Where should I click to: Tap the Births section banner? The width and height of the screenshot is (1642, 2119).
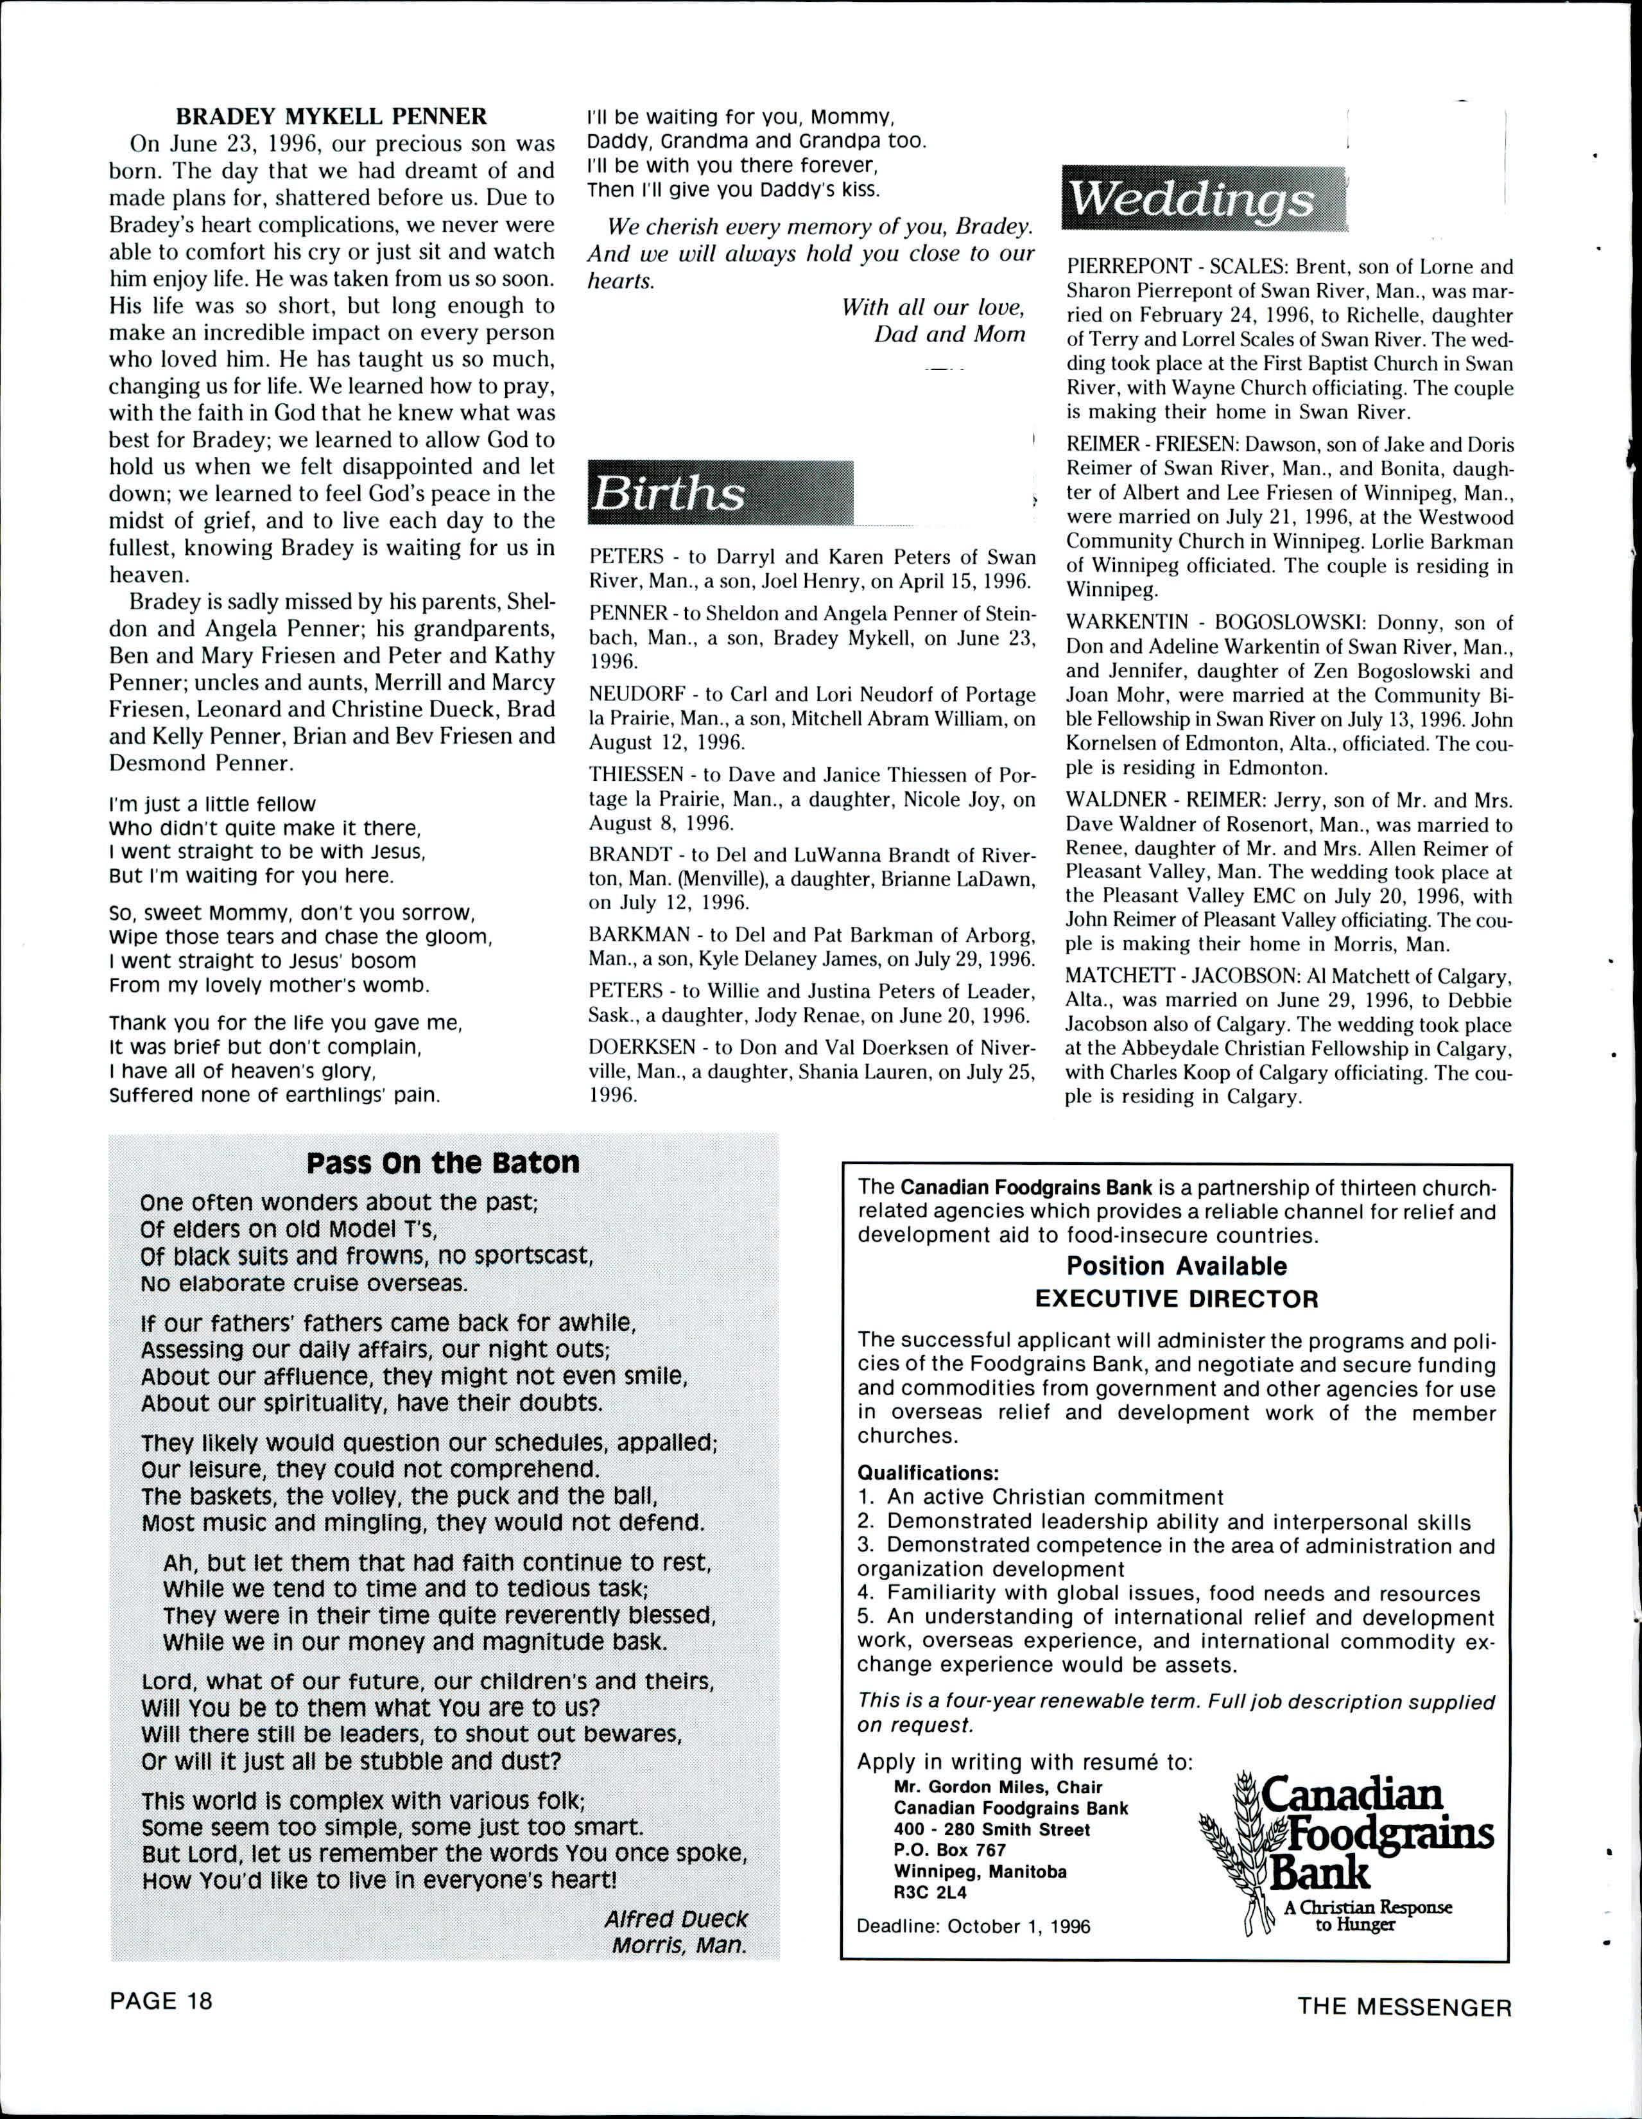tap(720, 494)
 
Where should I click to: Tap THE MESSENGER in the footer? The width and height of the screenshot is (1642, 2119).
tap(1405, 2007)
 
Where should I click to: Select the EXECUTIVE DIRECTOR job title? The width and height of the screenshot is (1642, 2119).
tap(1177, 1299)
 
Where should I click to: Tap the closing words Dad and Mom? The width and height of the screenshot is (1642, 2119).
tap(949, 335)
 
